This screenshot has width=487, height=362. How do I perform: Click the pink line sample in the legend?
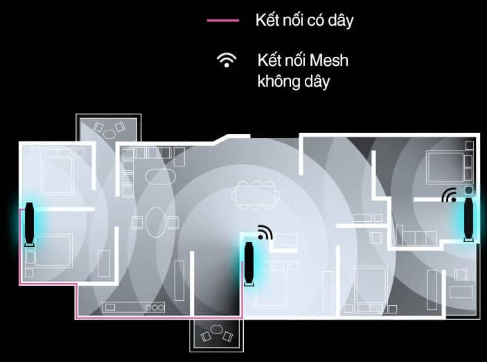[223, 21]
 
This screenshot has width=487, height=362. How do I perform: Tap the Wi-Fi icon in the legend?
[227, 60]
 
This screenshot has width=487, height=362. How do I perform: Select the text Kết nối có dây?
[304, 21]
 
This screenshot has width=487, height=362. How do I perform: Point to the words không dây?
[294, 81]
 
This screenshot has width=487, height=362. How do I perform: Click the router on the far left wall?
[29, 224]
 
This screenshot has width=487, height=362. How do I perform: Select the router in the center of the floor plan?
[249, 264]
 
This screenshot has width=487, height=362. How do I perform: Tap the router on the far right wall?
[469, 219]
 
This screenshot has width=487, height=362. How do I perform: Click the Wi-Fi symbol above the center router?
[265, 232]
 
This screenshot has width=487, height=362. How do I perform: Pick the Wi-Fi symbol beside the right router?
[449, 195]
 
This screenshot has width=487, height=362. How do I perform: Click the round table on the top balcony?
[109, 134]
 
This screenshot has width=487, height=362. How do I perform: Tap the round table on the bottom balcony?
[216, 329]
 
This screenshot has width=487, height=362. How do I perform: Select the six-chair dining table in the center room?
[256, 196]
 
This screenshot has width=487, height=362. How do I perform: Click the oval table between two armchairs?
[156, 223]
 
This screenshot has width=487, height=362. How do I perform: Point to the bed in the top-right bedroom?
[445, 167]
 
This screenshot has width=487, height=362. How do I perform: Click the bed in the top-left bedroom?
[57, 171]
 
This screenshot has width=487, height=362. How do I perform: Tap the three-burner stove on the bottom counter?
[154, 308]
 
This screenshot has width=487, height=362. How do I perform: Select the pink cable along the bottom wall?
[159, 318]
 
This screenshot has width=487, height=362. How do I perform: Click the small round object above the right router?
[469, 190]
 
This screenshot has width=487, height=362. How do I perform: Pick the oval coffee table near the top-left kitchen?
[160, 177]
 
